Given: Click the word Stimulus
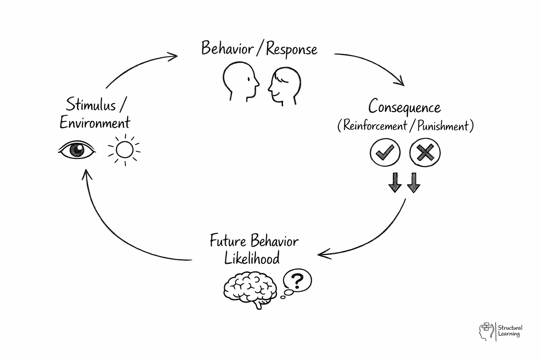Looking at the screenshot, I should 91,105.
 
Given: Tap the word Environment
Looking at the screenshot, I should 95,123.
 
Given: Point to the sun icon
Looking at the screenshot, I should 124,150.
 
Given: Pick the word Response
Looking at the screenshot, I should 291,50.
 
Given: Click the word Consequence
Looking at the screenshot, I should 404,107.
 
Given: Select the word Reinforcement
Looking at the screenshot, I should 375,126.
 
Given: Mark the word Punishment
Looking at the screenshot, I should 443,126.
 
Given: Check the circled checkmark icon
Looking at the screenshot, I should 385,153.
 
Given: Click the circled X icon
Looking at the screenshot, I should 425,153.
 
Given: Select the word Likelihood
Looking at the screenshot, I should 252,258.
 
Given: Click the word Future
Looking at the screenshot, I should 228,241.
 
